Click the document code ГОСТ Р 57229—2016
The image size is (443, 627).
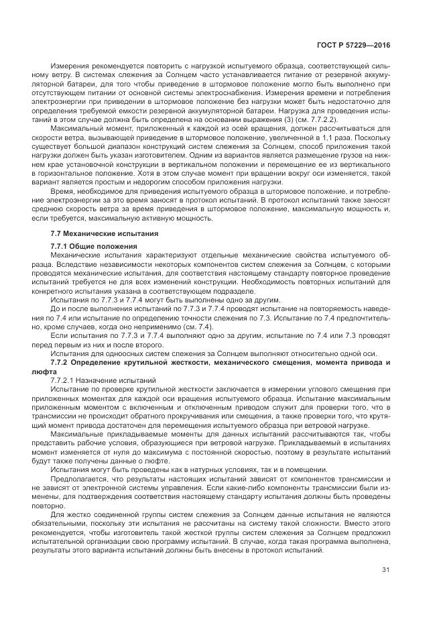pyautogui.click(x=353, y=45)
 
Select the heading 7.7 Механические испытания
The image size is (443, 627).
pyautogui.click(x=105, y=233)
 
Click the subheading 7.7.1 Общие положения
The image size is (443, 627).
pyautogui.click(x=94, y=246)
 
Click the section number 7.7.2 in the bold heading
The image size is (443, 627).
pyautogui.click(x=63, y=362)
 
